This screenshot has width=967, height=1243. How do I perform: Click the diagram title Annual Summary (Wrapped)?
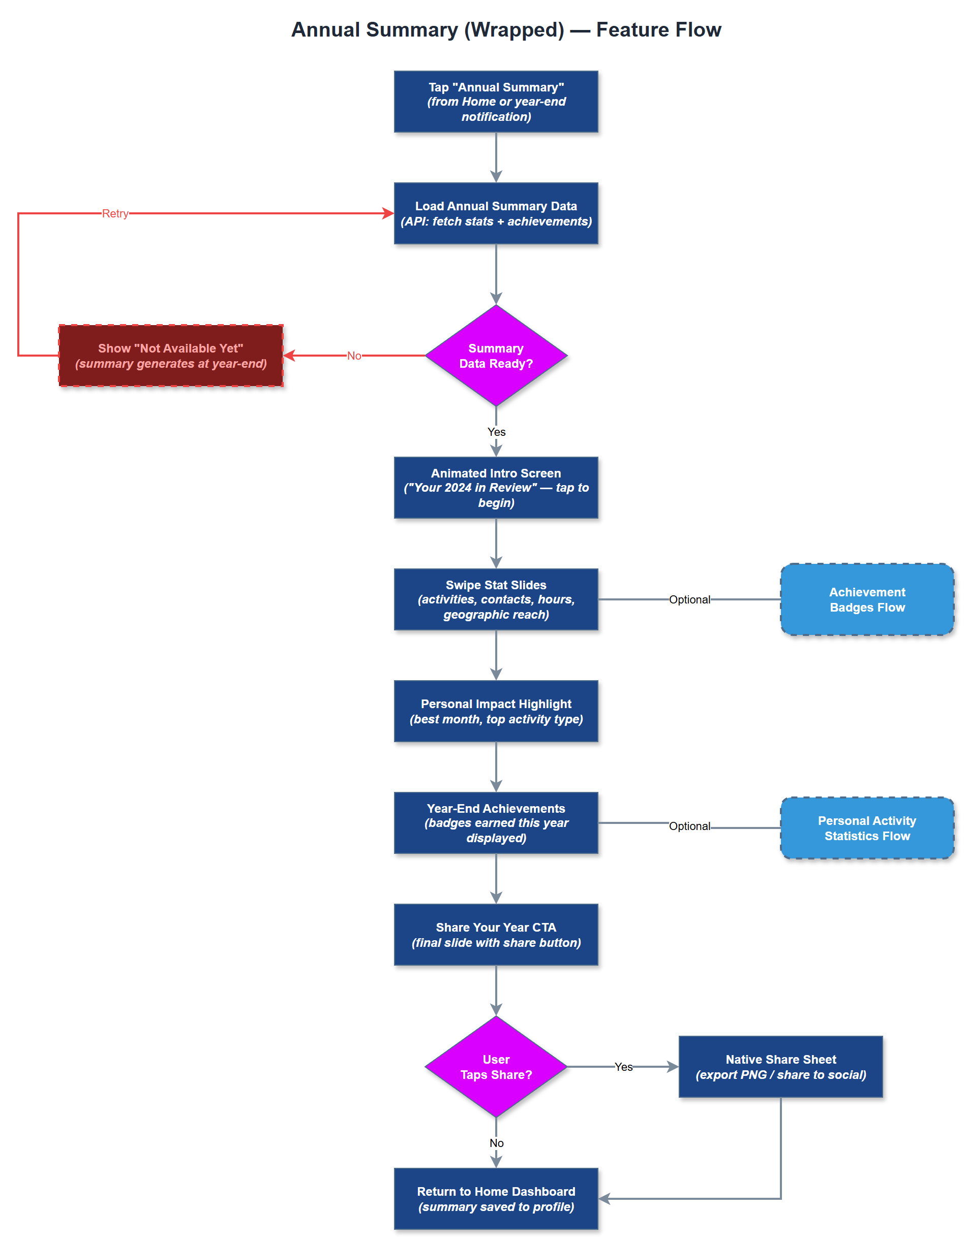pyautogui.click(x=506, y=29)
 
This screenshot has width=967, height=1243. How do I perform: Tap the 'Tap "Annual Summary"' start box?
pyautogui.click(x=496, y=102)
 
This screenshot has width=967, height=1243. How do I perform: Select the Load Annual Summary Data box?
pyautogui.click(x=496, y=213)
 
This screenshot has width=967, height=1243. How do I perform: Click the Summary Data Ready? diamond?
pyautogui.click(x=496, y=356)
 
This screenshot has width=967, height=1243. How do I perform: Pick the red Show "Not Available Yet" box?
pyautogui.click(x=171, y=356)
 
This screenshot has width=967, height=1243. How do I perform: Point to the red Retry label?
pyautogui.click(x=115, y=213)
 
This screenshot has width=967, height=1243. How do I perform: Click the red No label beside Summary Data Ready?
pyautogui.click(x=354, y=356)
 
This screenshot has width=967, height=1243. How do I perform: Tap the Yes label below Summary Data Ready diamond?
pyautogui.click(x=496, y=432)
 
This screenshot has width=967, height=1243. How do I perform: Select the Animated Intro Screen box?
pyautogui.click(x=496, y=488)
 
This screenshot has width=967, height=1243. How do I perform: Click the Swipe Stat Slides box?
pyautogui.click(x=496, y=599)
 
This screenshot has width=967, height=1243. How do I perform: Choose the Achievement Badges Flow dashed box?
pyautogui.click(x=866, y=599)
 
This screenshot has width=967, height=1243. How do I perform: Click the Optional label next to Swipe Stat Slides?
pyautogui.click(x=689, y=599)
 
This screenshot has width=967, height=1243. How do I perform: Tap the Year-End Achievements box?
pyautogui.click(x=496, y=822)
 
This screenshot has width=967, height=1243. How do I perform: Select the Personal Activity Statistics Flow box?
pyautogui.click(x=866, y=827)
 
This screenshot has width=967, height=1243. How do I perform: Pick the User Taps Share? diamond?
pyautogui.click(x=496, y=1067)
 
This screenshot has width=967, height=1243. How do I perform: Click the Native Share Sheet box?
pyautogui.click(x=780, y=1067)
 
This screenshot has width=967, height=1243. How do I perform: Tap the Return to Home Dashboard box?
pyautogui.click(x=496, y=1199)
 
